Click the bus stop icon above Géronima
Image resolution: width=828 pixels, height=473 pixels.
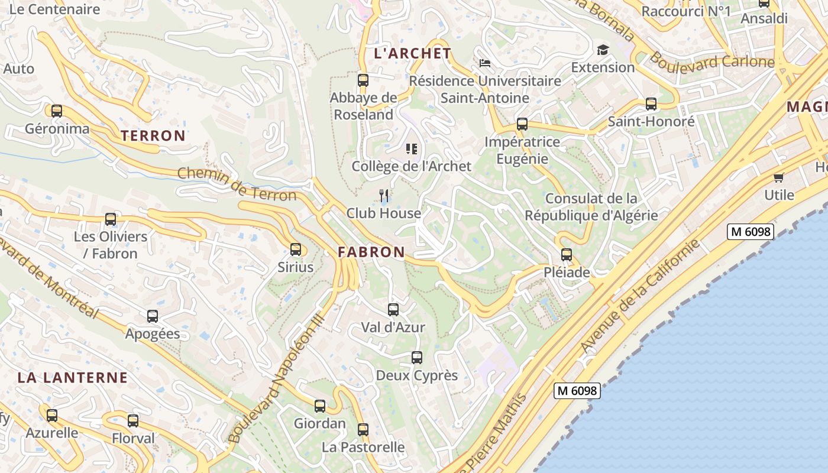pos(57,111)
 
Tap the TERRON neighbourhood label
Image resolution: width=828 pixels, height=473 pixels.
pos(153,135)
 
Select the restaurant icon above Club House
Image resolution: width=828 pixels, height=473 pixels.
pos(384,195)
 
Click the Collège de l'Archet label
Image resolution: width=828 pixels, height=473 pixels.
pos(412,166)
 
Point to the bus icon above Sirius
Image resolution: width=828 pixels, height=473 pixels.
pos(295,250)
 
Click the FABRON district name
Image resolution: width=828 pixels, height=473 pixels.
pos(371,252)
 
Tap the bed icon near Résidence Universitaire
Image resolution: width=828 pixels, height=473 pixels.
pos(485,63)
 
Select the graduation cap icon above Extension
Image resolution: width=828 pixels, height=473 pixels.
pos(603,50)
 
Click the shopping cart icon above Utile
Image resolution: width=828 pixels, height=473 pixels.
pos(779,177)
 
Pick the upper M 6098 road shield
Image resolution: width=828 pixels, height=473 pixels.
pos(751,232)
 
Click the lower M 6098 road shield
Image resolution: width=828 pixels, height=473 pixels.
pos(577,390)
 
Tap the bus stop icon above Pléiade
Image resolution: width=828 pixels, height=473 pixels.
pos(567,255)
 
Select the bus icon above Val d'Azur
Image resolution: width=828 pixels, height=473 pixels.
pos(393,309)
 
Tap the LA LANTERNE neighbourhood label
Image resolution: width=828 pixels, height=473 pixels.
pos(72,377)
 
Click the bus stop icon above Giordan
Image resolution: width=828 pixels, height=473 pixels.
pos(320,406)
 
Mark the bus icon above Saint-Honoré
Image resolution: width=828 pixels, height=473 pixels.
pos(651,104)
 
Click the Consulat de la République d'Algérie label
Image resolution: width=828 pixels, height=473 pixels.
pos(591,206)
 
